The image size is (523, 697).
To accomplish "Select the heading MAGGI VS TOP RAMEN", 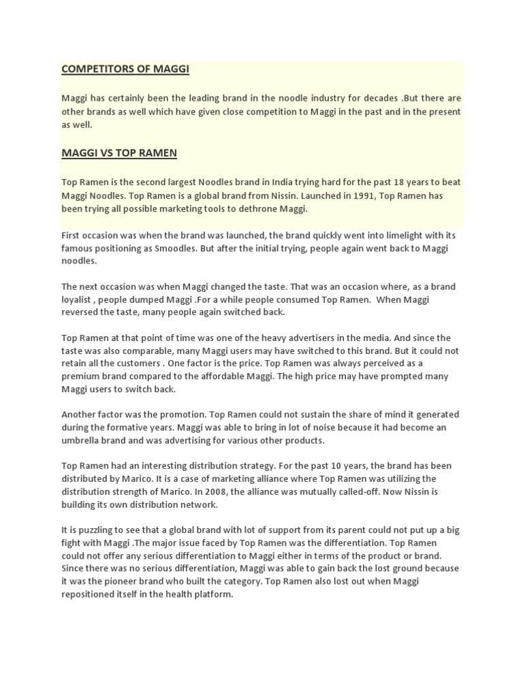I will [119, 153].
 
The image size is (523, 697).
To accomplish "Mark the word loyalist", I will [78, 299].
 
